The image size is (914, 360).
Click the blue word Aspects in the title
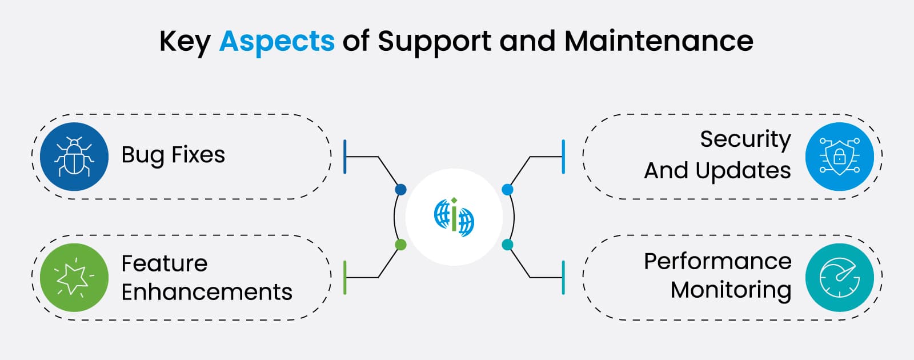(x=276, y=41)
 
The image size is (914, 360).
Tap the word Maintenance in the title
(x=659, y=41)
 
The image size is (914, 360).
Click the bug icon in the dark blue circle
(x=74, y=156)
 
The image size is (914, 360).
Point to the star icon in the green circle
(x=74, y=278)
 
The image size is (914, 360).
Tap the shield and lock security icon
(x=839, y=156)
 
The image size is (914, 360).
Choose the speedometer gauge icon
(x=839, y=278)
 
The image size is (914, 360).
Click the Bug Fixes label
(x=173, y=155)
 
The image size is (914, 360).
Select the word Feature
(x=165, y=263)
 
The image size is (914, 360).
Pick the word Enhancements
(x=207, y=292)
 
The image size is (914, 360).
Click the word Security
(x=745, y=139)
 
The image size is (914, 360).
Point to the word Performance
(x=717, y=261)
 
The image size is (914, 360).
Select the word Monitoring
(x=731, y=290)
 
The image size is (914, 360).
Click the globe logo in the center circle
(x=454, y=217)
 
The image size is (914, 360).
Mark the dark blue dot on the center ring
(x=400, y=189)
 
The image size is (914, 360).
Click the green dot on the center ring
(x=400, y=245)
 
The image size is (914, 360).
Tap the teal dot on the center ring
(x=507, y=245)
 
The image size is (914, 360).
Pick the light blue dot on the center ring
(x=507, y=189)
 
